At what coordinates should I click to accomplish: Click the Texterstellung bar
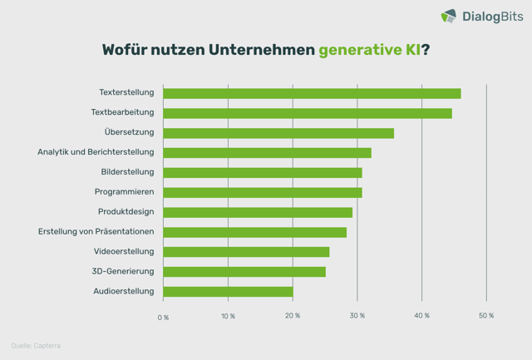[312, 93]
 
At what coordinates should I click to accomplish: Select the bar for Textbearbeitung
[308, 113]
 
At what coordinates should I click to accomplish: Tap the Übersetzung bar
[278, 133]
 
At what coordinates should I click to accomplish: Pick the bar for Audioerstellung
[228, 291]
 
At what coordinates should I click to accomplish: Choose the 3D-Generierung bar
[244, 271]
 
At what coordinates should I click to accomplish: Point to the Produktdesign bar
[258, 212]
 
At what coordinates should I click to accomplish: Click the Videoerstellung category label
[124, 251]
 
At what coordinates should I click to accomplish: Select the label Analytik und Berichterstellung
[96, 152]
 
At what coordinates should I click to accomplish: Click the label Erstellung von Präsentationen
[96, 232]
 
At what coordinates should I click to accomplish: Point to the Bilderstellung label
[127, 172]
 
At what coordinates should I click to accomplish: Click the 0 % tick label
[163, 317]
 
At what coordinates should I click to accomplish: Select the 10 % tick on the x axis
[228, 316]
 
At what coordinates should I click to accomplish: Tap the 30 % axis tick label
[357, 316]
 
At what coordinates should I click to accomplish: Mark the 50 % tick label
[486, 316]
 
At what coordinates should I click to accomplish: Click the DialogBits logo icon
[448, 16]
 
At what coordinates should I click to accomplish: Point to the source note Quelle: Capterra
[36, 345]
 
